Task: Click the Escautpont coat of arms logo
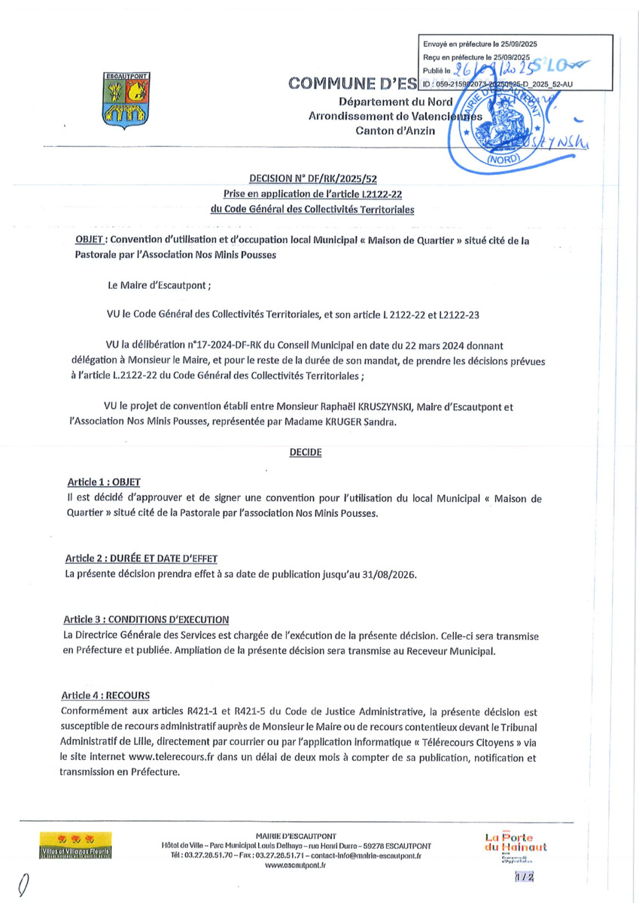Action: [x=126, y=98]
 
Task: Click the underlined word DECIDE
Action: [x=305, y=452]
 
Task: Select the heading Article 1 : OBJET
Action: [x=102, y=482]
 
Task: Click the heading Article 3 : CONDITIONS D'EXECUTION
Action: [x=147, y=619]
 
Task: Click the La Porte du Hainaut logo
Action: [x=516, y=844]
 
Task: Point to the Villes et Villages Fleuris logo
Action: [x=76, y=845]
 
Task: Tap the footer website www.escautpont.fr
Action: [x=295, y=866]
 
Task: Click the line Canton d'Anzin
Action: [x=395, y=131]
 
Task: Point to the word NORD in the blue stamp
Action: [x=508, y=160]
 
